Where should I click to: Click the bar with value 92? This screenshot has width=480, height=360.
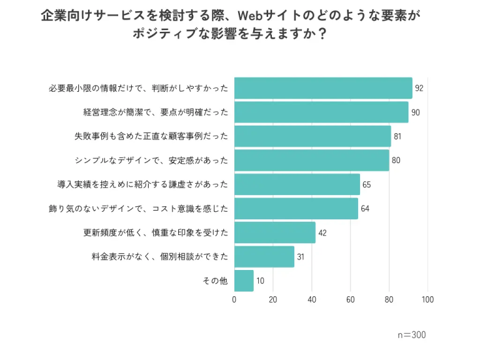pyautogui.click(x=323, y=88)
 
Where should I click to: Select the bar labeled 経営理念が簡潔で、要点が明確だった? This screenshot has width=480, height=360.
pyautogui.click(x=321, y=112)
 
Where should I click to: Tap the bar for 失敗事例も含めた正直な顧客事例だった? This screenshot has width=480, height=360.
pyautogui.click(x=312, y=136)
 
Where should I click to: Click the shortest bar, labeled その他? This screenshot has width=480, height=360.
pyautogui.click(x=244, y=281)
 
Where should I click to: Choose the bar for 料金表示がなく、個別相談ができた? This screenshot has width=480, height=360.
pyautogui.click(x=264, y=257)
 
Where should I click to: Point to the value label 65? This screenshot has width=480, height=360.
pyautogui.click(x=367, y=184)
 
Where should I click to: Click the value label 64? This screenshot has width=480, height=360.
pyautogui.click(x=366, y=209)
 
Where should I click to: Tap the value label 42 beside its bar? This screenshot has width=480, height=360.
pyautogui.click(x=323, y=232)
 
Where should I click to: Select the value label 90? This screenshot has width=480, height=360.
pyautogui.click(x=416, y=112)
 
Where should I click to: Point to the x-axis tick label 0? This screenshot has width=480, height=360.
pyautogui.click(x=234, y=299)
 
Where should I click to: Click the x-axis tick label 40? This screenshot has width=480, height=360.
pyautogui.click(x=312, y=299)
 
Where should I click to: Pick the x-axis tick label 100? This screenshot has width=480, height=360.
pyautogui.click(x=427, y=299)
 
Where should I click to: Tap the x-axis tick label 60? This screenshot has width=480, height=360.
pyautogui.click(x=351, y=299)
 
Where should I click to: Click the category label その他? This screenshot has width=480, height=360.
pyautogui.click(x=215, y=281)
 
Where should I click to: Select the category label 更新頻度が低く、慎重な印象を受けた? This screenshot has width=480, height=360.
pyautogui.click(x=156, y=232)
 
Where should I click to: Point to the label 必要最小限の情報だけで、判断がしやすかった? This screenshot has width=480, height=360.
pyautogui.click(x=138, y=88)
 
